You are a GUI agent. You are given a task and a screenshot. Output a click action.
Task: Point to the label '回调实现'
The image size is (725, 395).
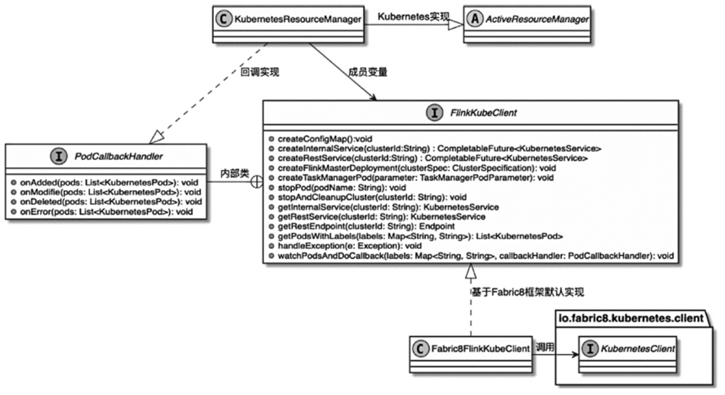click(260, 73)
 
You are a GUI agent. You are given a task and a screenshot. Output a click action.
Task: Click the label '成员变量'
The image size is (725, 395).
click(368, 73)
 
